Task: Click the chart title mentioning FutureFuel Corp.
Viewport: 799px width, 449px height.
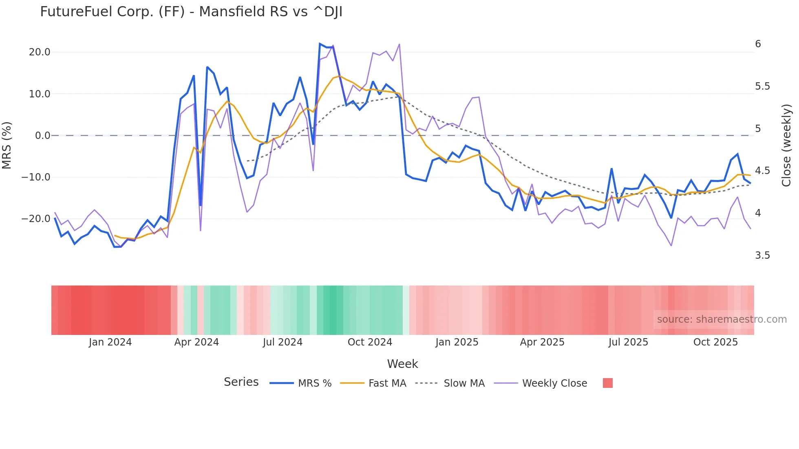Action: click(191, 12)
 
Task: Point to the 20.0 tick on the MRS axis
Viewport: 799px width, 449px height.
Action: click(40, 52)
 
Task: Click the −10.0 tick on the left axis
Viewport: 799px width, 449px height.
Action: click(36, 177)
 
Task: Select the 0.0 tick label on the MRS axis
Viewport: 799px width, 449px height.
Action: click(42, 136)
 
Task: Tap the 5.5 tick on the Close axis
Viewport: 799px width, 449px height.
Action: click(762, 86)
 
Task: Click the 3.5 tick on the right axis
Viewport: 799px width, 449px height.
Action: click(762, 255)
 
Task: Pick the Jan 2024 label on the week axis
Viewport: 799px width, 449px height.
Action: click(110, 342)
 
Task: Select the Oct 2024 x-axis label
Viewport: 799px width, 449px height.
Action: click(370, 342)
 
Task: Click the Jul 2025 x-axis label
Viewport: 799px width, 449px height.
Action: click(628, 342)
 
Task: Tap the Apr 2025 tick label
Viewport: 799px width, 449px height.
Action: click(542, 342)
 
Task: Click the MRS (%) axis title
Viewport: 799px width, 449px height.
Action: click(7, 145)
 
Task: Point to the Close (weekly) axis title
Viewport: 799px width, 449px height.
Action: click(786, 145)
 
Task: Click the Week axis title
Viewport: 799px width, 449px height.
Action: click(402, 364)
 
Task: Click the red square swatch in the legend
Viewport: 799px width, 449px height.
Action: click(607, 383)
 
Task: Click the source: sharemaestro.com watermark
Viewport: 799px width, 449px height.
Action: click(722, 319)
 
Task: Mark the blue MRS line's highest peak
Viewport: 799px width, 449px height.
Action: click(320, 44)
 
